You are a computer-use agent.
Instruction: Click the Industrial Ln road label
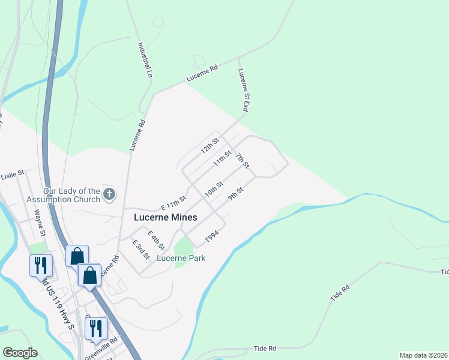(145, 59)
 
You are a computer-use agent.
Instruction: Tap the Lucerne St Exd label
(243, 91)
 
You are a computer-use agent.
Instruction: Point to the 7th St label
(242, 160)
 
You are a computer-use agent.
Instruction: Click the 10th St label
(214, 189)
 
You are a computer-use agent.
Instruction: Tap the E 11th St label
(173, 200)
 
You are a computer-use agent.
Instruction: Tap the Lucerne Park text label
(181, 259)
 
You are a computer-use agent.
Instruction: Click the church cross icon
(109, 193)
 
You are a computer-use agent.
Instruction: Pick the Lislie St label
(13, 176)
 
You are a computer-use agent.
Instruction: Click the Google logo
(20, 353)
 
